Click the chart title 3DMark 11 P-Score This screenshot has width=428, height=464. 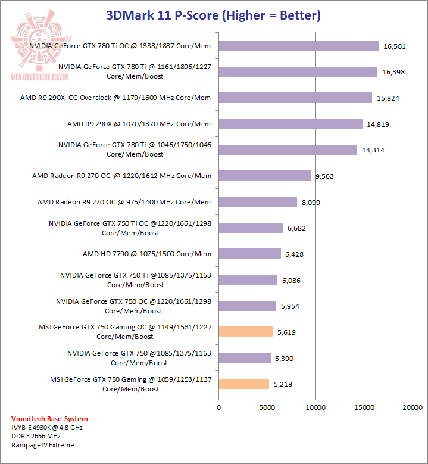pos(213,15)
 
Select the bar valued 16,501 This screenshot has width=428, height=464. pos(298,46)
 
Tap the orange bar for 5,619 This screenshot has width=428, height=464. pos(246,332)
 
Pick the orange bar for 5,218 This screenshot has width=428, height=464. pos(243,384)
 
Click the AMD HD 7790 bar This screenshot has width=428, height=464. pos(249,254)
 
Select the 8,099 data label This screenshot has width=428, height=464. pos(311,203)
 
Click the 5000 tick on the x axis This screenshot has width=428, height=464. pos(267,407)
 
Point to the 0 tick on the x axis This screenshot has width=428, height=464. pos(218,407)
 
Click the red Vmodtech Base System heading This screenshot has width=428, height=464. pos(49,419)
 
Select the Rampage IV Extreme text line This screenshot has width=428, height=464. pos(43,445)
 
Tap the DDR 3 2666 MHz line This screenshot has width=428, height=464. pos(36,436)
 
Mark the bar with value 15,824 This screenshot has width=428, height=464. pos(295,98)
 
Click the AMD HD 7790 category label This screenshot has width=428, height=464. pos(147,254)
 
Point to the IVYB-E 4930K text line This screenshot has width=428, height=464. pos(46,428)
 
